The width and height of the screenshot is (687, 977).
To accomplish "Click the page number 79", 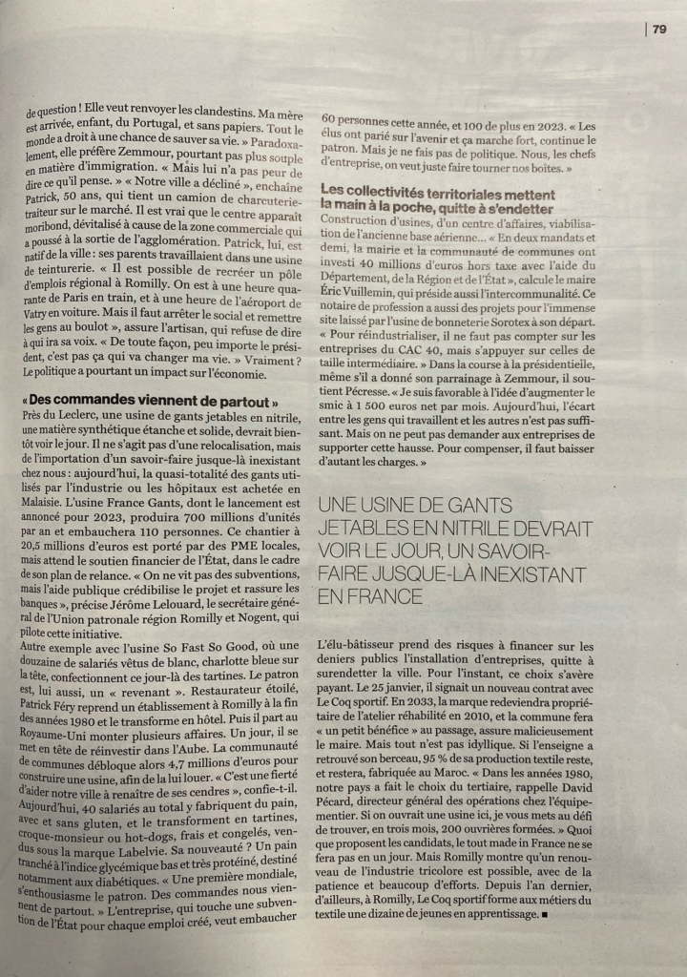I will tap(659, 29).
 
